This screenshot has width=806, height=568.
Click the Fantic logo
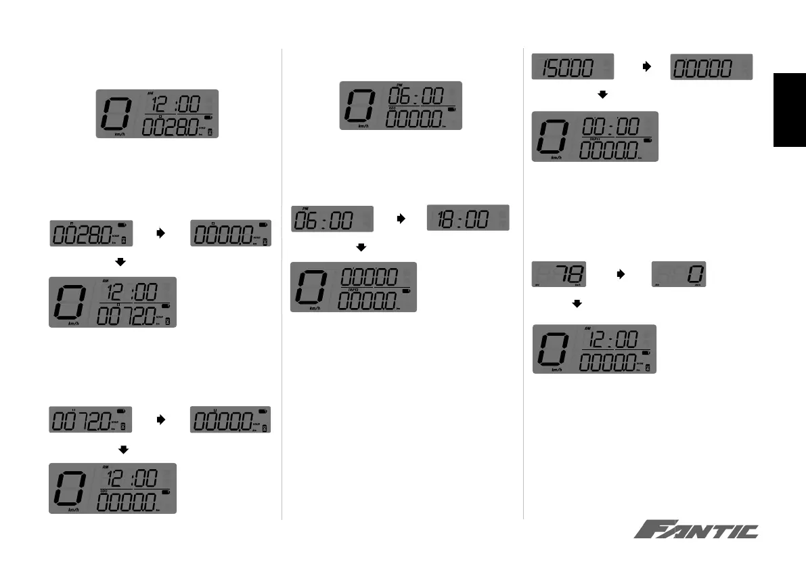point(696,530)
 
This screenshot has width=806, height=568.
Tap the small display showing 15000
point(573,66)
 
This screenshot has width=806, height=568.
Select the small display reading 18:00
point(468,218)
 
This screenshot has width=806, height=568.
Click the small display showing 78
point(558,275)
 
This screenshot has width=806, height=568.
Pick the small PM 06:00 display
point(332,219)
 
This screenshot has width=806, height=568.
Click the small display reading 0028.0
point(91,233)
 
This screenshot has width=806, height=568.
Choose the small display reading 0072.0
point(91,420)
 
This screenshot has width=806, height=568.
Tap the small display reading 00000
point(711,66)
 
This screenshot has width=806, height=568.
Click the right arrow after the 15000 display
point(646,67)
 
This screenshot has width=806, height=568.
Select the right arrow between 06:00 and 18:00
point(400,219)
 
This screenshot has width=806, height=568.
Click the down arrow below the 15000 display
point(602,95)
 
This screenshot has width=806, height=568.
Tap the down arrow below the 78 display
point(577,305)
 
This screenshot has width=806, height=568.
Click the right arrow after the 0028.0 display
point(161,232)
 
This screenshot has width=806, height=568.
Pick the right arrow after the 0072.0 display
point(161,420)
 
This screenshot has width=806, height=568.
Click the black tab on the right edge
point(790,109)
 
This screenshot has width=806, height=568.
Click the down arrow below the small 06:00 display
point(361,248)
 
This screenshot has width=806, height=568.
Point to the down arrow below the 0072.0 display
point(122,449)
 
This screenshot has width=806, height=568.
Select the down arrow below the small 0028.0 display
point(122,261)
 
